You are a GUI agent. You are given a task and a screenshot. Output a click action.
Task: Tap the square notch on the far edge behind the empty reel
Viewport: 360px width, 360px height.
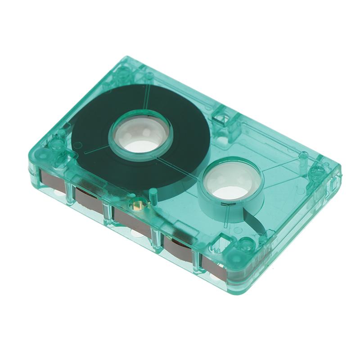click(x=221, y=118)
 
